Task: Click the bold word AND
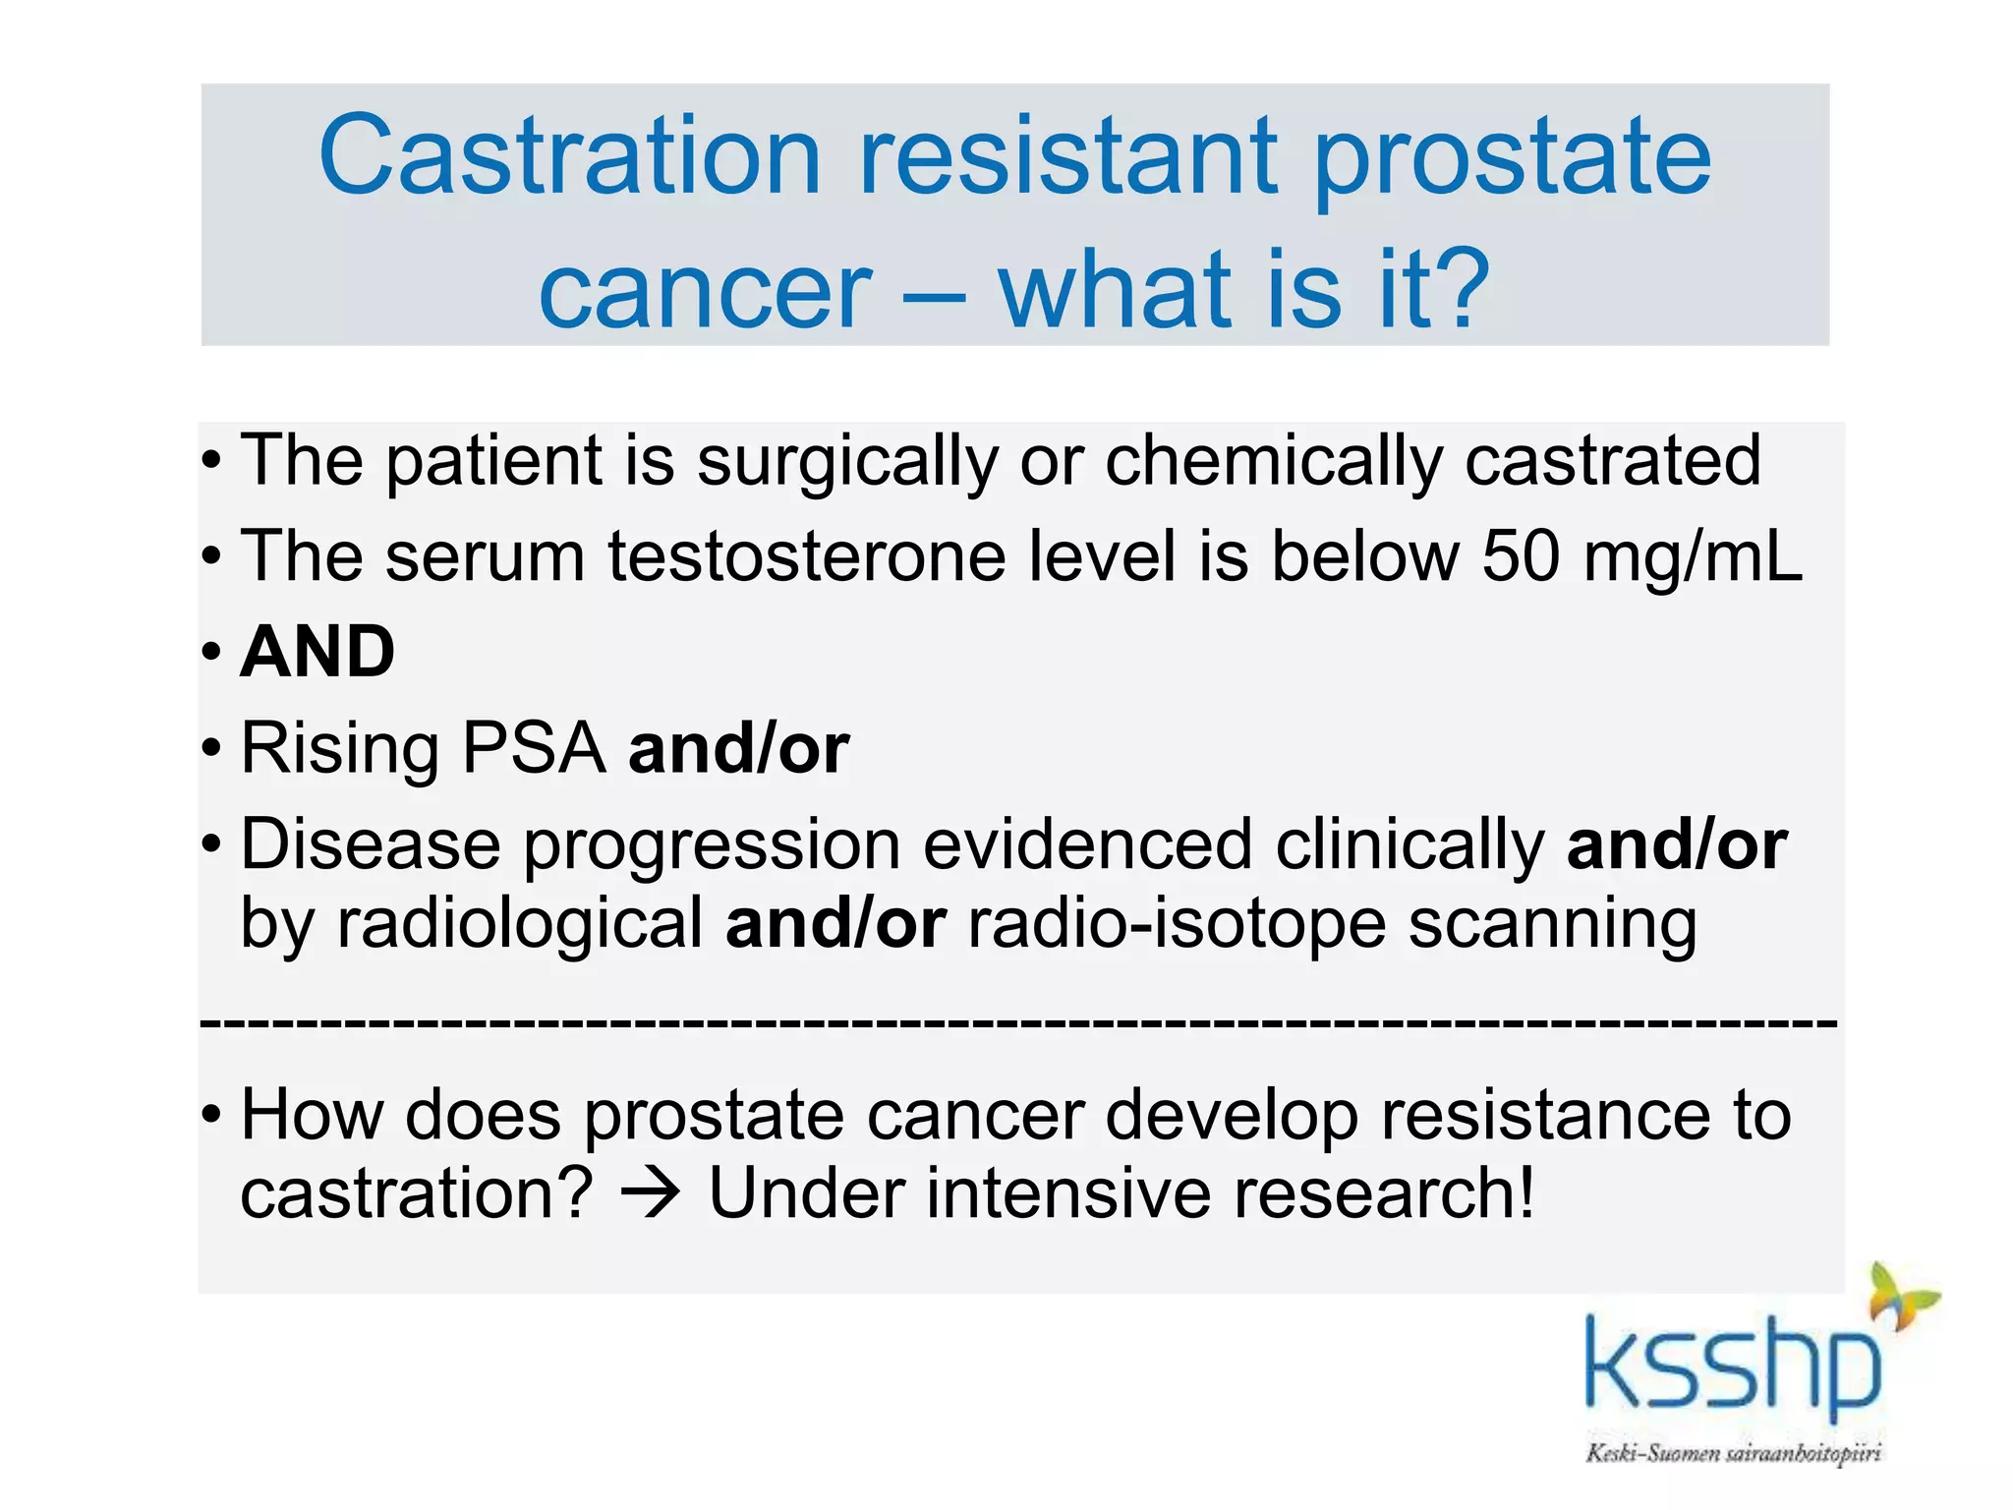317,652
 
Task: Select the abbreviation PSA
535,749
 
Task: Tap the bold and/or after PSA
739,749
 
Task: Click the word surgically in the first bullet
847,462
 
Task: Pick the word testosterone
806,556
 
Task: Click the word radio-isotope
1177,925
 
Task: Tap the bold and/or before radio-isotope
835,924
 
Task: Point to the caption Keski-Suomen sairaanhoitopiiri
1733,1453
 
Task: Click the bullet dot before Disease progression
211,844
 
